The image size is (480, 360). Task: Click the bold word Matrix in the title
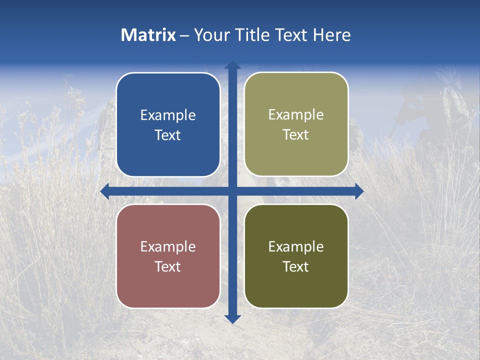point(148,35)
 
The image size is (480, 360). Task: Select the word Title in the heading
point(252,35)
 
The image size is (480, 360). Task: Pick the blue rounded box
point(168,155)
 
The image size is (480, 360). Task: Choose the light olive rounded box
point(296,155)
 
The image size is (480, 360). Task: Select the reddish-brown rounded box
point(168,287)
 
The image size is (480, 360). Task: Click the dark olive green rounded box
point(296,287)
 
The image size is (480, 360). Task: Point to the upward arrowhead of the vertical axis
point(232,65)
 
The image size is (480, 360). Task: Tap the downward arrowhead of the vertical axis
point(232,319)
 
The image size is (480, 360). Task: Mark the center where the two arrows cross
point(232,191)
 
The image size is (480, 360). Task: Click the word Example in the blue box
point(168,115)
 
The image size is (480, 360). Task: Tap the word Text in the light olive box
point(296,135)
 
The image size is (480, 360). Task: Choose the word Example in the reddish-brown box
point(168,247)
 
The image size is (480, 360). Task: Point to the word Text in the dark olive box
point(296,267)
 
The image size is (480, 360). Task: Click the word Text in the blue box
point(168,135)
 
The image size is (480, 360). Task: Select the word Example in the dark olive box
point(296,247)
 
